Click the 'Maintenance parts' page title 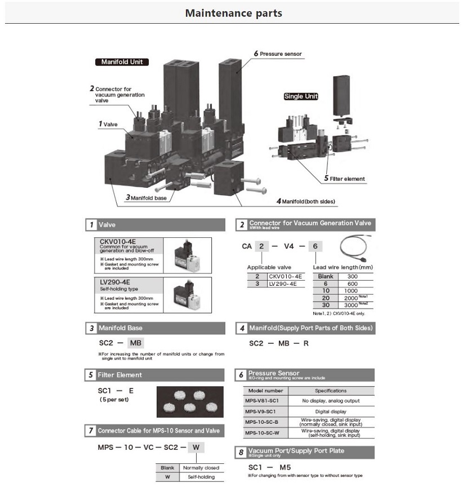tap(233, 12)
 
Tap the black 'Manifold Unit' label tap(122, 62)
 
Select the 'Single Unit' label tap(301, 96)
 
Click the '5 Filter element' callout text tap(344, 179)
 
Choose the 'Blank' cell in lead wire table tap(326, 276)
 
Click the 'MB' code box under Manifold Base tap(136, 343)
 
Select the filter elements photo tap(190, 402)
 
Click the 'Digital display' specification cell tap(330, 411)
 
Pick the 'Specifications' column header tap(330, 390)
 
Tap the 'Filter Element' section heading tap(119, 375)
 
